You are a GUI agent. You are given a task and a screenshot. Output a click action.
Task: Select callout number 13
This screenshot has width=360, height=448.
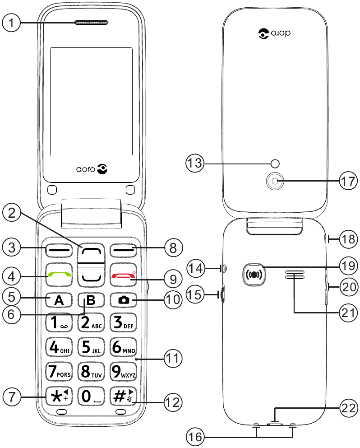pos(195,163)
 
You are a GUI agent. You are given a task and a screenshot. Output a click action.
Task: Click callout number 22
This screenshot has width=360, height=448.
pos(348,408)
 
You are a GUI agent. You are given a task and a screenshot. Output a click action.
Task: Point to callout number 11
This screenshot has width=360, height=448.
pos(172,359)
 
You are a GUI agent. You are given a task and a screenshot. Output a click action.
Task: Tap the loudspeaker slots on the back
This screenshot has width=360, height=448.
pos(294,275)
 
